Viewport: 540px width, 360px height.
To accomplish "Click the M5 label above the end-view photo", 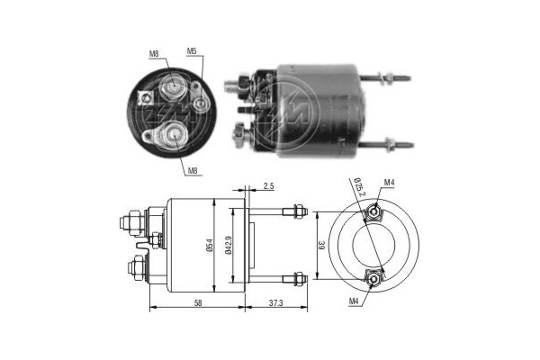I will pyautogui.click(x=192, y=51).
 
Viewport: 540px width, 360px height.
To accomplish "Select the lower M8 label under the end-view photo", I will pyautogui.click(x=193, y=169).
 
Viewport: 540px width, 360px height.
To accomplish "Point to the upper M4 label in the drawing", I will pyautogui.click(x=389, y=183).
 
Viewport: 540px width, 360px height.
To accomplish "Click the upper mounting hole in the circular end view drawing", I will pyautogui.click(x=371, y=214).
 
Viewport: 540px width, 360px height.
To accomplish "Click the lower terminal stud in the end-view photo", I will pyautogui.click(x=167, y=136).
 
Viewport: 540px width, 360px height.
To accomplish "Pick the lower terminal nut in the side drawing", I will pyautogui.click(x=134, y=266).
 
